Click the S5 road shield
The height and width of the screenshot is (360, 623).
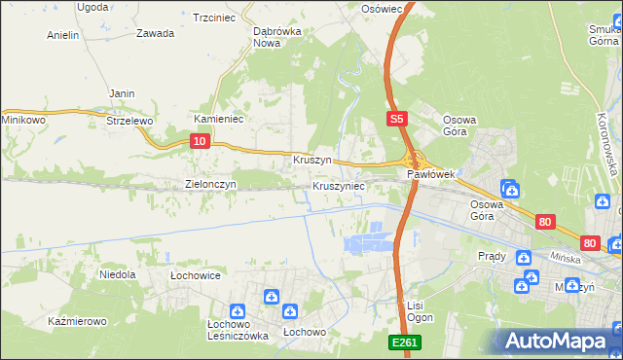coord(395,119)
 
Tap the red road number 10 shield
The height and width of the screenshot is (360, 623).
coord(199,141)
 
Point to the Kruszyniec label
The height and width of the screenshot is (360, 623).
coord(339,185)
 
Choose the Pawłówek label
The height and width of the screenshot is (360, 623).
coord(431,174)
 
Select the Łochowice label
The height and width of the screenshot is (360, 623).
coord(196,275)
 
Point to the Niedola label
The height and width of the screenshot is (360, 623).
coord(118,274)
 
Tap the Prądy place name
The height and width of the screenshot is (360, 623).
coord(492,256)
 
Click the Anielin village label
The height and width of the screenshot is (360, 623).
coord(63,35)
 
